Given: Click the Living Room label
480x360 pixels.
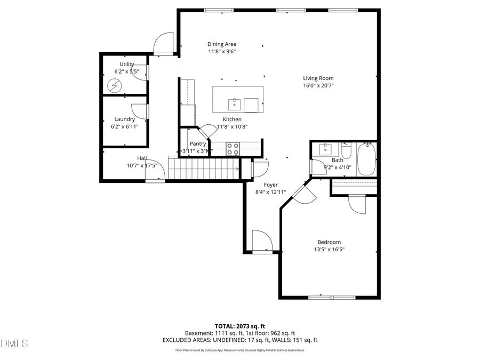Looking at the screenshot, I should tap(318, 78).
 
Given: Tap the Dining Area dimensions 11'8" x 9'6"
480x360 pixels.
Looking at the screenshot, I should tap(222, 52).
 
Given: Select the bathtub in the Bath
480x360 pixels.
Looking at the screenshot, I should tap(366, 158).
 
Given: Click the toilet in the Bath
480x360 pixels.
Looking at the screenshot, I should tap(346, 151).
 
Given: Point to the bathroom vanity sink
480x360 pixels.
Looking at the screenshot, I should tap(324, 149).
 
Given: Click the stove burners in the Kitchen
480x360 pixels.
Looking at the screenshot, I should tap(233, 148).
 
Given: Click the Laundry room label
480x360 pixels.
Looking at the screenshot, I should tap(124, 119).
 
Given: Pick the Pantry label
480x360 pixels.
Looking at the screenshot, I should tap(198, 144).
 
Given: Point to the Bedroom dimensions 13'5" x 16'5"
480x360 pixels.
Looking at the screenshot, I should tap(329, 249).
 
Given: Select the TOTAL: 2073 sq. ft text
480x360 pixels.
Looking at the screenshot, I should tap(239, 325).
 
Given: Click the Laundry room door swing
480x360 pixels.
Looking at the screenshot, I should tap(140, 111).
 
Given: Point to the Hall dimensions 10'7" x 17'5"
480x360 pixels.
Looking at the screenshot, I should tap(141, 165).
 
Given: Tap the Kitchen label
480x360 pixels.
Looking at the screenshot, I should tap(232, 119).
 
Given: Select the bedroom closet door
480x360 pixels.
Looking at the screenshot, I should tap(357, 204).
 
